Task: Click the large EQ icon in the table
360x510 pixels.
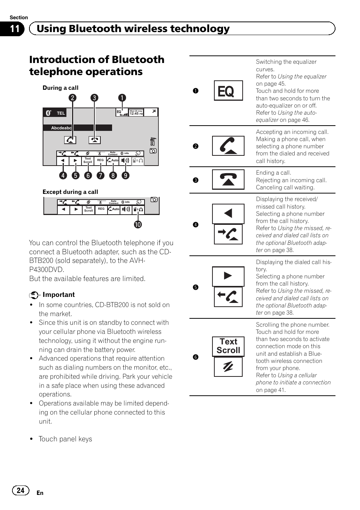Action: point(228,91)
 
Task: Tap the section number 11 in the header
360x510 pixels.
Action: point(15,29)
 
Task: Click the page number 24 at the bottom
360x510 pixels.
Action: point(21,490)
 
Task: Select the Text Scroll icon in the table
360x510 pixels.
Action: point(228,346)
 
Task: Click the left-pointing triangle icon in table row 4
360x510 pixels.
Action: point(228,214)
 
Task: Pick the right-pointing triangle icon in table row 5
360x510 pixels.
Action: point(228,276)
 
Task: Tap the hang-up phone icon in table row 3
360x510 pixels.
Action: point(228,180)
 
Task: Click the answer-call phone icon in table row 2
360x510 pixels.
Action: point(228,146)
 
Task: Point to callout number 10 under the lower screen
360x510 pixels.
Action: point(138,224)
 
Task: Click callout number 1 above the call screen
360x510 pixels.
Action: point(122,98)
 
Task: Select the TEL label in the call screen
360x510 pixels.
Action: point(61,113)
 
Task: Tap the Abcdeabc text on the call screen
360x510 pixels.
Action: point(61,128)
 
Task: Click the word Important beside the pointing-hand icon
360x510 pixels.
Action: point(58,295)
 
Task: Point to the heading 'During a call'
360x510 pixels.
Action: point(60,88)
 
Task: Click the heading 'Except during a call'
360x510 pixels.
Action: point(70,192)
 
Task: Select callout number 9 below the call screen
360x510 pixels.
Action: point(125,175)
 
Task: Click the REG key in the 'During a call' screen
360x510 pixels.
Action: point(100,160)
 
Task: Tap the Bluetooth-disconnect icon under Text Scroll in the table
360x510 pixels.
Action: point(228,367)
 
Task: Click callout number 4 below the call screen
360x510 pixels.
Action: point(63,175)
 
